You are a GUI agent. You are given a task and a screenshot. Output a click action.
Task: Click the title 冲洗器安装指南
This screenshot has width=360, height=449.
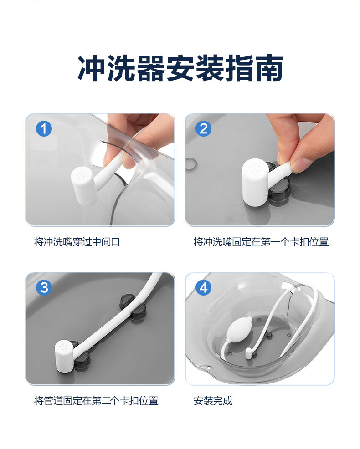tap(180, 68)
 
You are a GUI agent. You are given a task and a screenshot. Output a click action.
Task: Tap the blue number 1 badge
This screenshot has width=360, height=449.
tap(44, 128)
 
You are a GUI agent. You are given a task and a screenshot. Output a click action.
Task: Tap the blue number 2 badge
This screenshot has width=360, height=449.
tap(203, 128)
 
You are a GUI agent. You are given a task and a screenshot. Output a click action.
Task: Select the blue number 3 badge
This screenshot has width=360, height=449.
tap(44, 287)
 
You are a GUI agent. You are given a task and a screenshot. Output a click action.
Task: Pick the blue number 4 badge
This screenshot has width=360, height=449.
tap(203, 287)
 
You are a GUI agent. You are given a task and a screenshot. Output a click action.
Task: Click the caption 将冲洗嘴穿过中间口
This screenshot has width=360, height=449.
tap(77, 242)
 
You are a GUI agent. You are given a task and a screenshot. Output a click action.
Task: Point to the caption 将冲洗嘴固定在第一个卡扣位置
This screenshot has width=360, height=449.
tap(261, 242)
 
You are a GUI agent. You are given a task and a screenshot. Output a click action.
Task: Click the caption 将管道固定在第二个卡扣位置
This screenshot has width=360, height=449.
tap(96, 401)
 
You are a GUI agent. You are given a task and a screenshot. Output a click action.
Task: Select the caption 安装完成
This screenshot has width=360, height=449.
tap(213, 401)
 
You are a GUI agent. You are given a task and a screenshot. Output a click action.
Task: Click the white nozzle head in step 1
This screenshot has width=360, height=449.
tap(82, 185)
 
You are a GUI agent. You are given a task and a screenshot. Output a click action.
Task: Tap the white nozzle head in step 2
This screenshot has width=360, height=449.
tap(255, 183)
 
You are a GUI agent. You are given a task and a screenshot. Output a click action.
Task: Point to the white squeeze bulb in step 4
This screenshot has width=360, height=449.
tap(239, 329)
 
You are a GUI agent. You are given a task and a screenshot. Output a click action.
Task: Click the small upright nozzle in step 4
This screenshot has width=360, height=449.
tap(248, 353)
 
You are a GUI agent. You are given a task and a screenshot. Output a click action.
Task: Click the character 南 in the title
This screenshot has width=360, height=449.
tap(269, 68)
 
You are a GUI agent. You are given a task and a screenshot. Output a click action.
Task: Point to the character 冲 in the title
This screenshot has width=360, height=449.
tap(92, 68)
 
